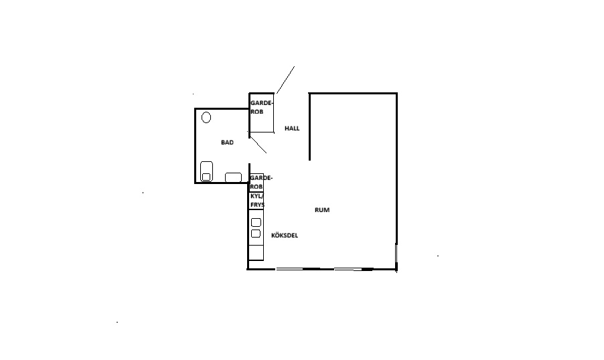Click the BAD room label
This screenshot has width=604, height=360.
coord(227,143)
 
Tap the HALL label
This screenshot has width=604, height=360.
coord(292,128)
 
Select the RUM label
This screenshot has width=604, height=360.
coord(322,210)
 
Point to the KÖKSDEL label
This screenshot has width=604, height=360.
coord(285,236)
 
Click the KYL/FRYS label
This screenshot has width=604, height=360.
coord(257,200)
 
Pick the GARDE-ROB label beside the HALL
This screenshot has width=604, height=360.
coord(262,108)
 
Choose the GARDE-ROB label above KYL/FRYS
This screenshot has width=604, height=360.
coord(260,182)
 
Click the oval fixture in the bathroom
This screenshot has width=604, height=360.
coord(206,117)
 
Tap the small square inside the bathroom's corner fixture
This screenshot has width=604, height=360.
coord(206,177)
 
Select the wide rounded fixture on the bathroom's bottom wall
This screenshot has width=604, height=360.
coord(234,177)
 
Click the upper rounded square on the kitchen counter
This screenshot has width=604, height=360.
coord(256,223)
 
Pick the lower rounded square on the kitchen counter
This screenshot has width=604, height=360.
coord(256,234)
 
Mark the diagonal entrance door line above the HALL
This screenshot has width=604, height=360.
coord(285,80)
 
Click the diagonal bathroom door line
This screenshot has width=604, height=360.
coord(258,145)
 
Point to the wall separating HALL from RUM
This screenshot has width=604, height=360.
coord(309,126)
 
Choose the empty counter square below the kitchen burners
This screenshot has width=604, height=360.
coord(256,252)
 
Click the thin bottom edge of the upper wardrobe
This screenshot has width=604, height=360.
coord(262,132)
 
